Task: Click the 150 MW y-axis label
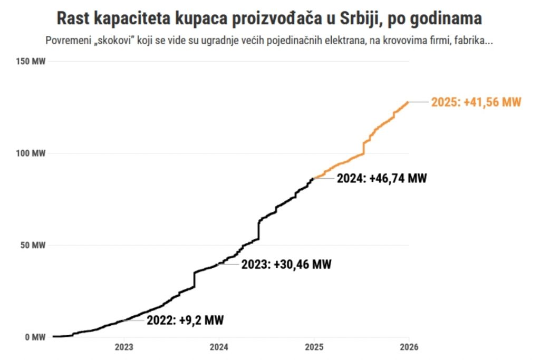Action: coord(32,62)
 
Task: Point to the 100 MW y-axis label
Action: coord(32,153)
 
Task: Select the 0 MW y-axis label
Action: coord(36,337)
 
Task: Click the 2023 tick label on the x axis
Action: coord(124,347)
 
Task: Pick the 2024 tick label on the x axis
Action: coord(219,347)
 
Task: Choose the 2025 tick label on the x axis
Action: coord(314,347)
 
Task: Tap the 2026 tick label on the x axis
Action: coord(409,347)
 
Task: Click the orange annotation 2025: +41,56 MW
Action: coord(476,102)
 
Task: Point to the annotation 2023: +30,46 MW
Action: coord(286,264)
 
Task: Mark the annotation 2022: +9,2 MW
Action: coord(188,320)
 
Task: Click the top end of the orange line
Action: coord(408,102)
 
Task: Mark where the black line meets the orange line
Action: coord(314,179)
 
